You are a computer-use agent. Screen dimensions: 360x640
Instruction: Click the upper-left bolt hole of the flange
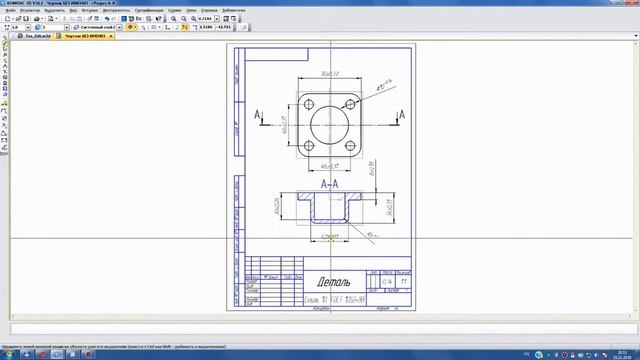pyautogui.click(x=308, y=103)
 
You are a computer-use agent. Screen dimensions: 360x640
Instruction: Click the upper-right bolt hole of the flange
pyautogui.click(x=351, y=103)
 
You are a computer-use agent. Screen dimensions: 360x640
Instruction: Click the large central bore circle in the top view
pyautogui.click(x=329, y=125)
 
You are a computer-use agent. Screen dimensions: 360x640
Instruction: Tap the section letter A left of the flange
pyautogui.click(x=258, y=116)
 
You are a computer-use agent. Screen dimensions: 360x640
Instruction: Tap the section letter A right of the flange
pyautogui.click(x=402, y=116)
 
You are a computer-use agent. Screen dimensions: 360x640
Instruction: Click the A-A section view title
pyautogui.click(x=329, y=184)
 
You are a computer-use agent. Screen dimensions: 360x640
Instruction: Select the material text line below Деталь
pyautogui.click(x=333, y=300)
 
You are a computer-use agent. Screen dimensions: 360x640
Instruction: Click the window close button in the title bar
pyautogui.click(x=633, y=4)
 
